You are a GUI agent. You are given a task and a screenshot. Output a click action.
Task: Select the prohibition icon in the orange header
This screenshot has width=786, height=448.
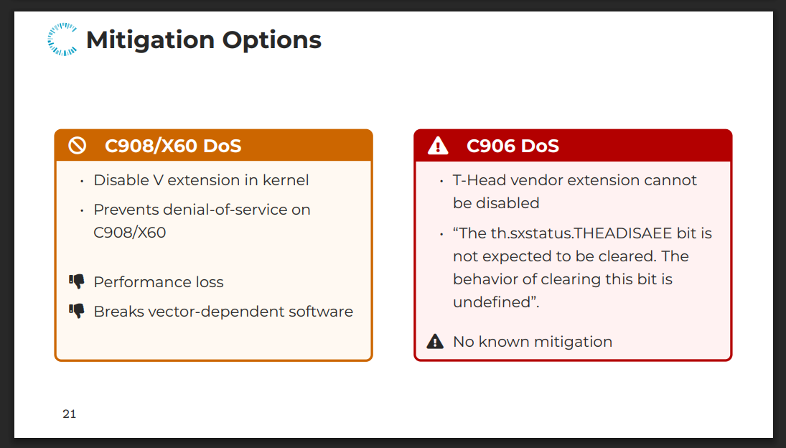point(78,146)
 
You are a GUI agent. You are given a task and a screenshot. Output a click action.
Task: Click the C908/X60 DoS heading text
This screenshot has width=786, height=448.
point(173,146)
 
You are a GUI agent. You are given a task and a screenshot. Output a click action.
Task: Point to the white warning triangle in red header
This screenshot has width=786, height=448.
point(438,146)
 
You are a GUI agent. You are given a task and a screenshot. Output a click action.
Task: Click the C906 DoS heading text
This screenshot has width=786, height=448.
point(513,146)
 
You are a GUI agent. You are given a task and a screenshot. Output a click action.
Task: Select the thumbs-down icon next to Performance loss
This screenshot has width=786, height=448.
point(77,281)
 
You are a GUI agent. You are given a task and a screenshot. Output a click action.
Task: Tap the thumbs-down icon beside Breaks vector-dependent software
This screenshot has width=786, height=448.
point(77,311)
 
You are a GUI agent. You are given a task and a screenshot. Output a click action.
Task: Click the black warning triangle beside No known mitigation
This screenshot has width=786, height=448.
point(435,341)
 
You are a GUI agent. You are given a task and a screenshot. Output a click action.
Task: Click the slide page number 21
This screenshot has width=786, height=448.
point(69,414)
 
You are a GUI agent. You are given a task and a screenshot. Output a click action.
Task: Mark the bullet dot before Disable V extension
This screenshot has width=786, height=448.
point(82,181)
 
